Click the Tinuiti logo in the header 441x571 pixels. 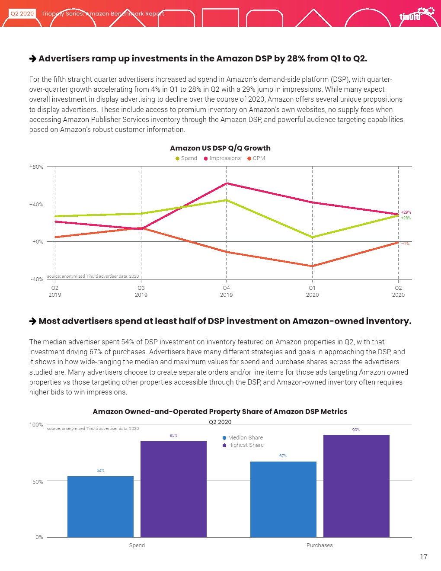pyautogui.click(x=415, y=14)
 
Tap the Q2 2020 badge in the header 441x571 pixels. pyautogui.click(x=22, y=13)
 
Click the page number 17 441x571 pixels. pyautogui.click(x=423, y=557)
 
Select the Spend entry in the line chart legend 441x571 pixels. pyautogui.click(x=186, y=158)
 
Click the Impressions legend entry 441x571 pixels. pyautogui.click(x=222, y=158)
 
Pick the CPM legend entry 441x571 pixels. pyautogui.click(x=256, y=158)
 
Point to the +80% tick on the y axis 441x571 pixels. pyautogui.click(x=36, y=167)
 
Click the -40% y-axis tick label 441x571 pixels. pyautogui.click(x=37, y=279)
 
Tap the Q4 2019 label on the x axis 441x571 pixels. pyautogui.click(x=226, y=291)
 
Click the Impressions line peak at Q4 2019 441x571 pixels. pyautogui.click(x=227, y=183)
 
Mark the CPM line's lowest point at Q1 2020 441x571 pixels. pyautogui.click(x=312, y=266)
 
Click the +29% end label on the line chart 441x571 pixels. pyautogui.click(x=406, y=212)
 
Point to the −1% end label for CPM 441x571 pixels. pyautogui.click(x=405, y=244)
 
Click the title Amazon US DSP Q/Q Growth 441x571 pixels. pyautogui.click(x=220, y=148)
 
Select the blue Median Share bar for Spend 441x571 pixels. pyautogui.click(x=100, y=506)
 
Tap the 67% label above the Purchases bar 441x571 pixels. pyautogui.click(x=283, y=456)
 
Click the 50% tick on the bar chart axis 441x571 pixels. pyautogui.click(x=38, y=481)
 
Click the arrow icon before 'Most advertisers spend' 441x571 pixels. pyautogui.click(x=33, y=321)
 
